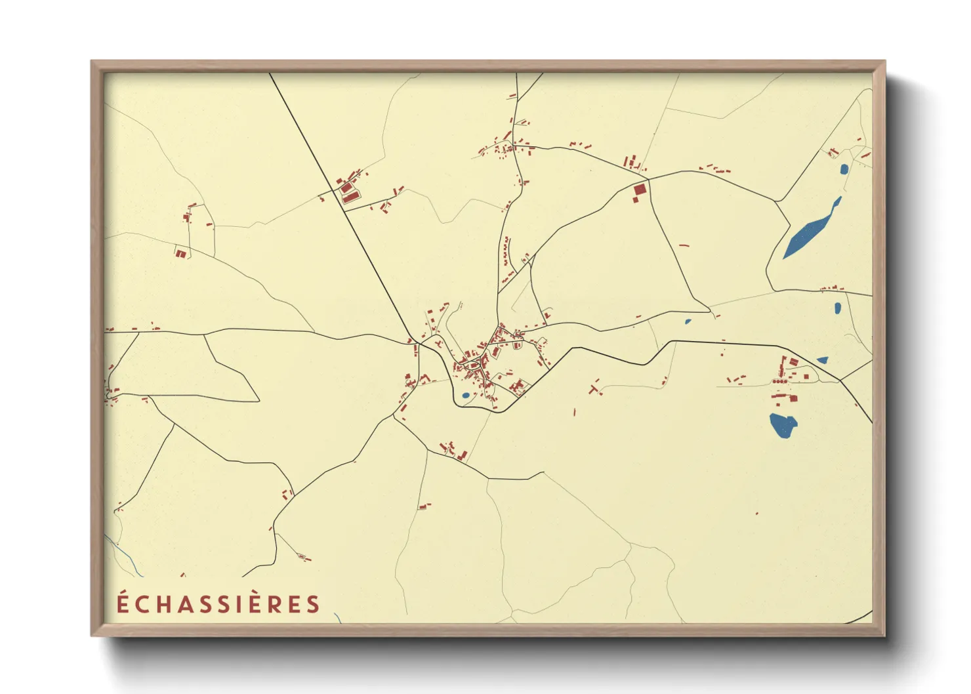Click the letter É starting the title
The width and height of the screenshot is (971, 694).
point(123,603)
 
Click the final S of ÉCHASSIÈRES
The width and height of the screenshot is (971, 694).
point(313,604)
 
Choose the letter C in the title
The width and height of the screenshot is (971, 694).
point(142,604)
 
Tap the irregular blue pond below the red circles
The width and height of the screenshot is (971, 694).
point(783,425)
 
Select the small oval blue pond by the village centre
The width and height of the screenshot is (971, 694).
point(465,395)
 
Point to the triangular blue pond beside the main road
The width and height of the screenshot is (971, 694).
point(822,359)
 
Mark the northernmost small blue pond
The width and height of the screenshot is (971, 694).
point(844,169)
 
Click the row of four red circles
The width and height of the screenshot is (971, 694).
point(779,381)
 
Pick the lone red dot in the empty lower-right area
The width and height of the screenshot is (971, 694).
point(757,513)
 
